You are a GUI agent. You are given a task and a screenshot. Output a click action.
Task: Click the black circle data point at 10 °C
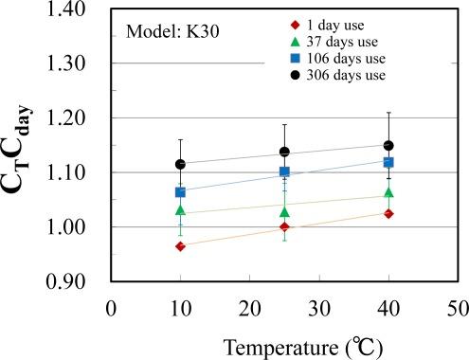point(180,164)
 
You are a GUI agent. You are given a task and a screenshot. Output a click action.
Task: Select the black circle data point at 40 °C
point(388,146)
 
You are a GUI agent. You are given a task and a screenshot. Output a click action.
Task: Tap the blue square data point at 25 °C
point(284,172)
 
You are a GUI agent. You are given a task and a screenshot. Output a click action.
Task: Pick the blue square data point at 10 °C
point(180,192)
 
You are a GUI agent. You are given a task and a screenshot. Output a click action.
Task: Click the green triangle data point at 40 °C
point(388,193)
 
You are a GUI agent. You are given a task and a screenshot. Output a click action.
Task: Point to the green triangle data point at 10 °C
point(180,209)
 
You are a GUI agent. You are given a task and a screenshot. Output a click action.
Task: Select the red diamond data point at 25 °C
point(284,227)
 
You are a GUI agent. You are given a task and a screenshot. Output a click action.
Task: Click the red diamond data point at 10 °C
point(180,246)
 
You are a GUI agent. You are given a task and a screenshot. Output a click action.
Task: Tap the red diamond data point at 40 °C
point(388,213)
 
